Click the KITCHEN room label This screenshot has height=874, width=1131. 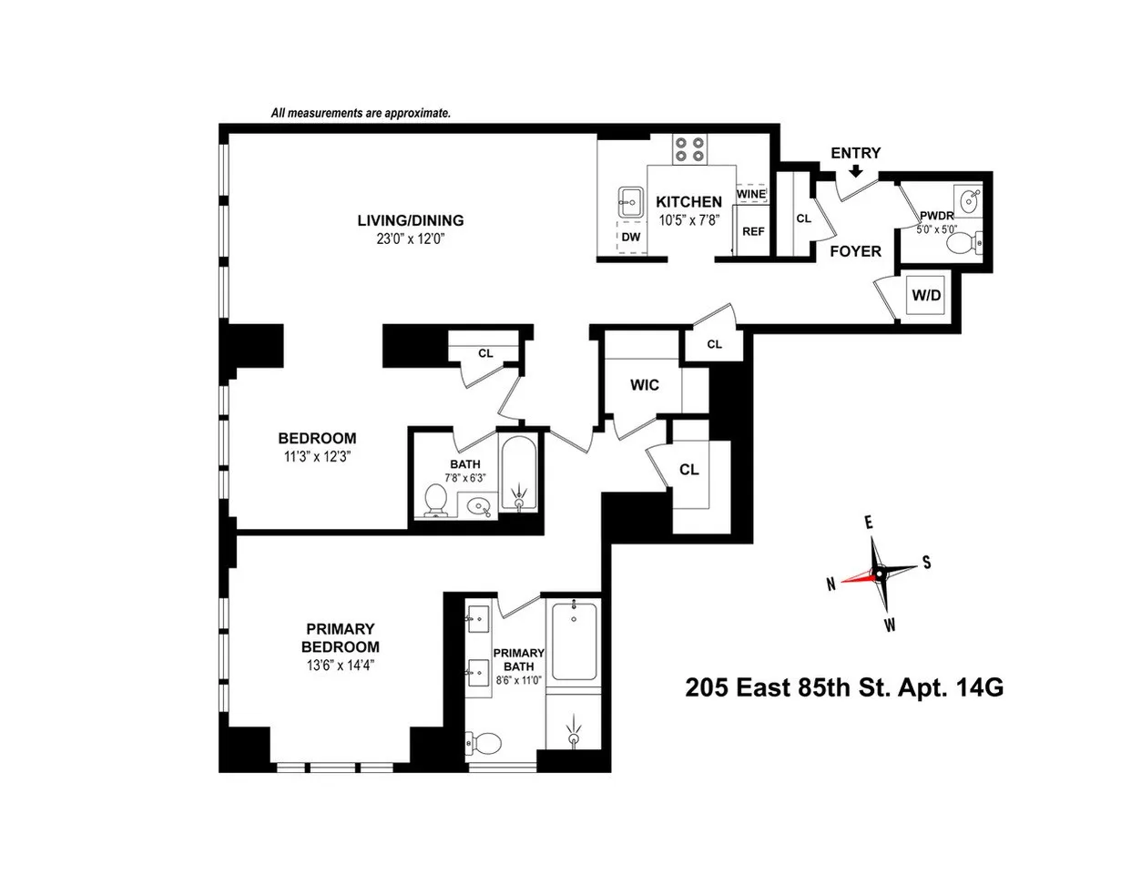pyautogui.click(x=689, y=202)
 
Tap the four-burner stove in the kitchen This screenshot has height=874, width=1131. pyautogui.click(x=689, y=148)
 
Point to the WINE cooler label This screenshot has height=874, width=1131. pyautogui.click(x=751, y=194)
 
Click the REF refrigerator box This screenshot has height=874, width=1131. pyautogui.click(x=753, y=231)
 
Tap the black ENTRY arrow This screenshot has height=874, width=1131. pyautogui.click(x=855, y=171)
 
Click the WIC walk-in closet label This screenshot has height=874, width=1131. pyautogui.click(x=645, y=384)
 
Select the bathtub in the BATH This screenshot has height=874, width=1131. pyautogui.click(x=519, y=475)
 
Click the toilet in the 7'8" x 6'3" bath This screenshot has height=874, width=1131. pyautogui.click(x=435, y=500)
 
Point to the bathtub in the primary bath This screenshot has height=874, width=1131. pyautogui.click(x=573, y=641)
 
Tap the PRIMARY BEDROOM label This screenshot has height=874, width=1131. pyautogui.click(x=341, y=637)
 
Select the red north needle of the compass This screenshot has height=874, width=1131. pyautogui.click(x=857, y=577)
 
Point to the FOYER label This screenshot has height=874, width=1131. pyautogui.click(x=855, y=251)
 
